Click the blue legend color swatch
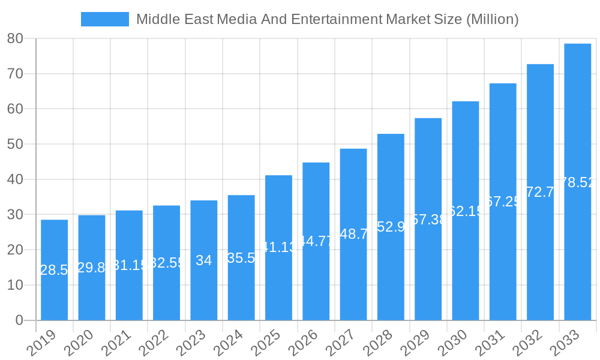(104, 19)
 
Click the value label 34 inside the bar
(204, 260)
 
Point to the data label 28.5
(54, 270)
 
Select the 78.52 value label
(577, 182)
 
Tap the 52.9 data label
(391, 227)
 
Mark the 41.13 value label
(278, 247)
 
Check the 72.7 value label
(540, 192)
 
